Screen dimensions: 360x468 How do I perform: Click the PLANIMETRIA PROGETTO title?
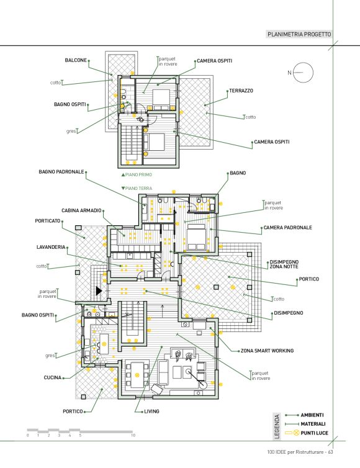[299, 34]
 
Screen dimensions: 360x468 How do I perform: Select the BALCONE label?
[76, 60]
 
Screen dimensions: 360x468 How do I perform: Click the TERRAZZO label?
[241, 91]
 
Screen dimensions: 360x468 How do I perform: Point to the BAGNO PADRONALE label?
[61, 172]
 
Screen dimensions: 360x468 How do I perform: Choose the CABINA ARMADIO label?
[81, 210]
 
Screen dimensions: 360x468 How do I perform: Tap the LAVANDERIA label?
[51, 247]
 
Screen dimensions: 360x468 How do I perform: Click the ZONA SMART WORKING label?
[267, 351]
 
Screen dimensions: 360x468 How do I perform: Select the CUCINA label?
[53, 377]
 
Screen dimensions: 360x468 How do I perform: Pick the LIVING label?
[151, 412]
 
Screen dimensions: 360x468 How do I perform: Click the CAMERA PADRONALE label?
[288, 227]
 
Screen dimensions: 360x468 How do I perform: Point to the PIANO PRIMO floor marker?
[137, 174]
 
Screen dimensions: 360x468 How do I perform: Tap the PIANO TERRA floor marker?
[137, 188]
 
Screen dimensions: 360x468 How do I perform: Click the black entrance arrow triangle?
[98, 290]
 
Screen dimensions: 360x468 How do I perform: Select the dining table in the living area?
[137, 375]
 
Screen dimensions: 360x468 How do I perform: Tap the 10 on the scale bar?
[133, 435]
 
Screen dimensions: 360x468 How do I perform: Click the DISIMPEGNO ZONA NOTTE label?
[284, 264]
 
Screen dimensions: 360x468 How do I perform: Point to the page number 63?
[330, 452]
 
